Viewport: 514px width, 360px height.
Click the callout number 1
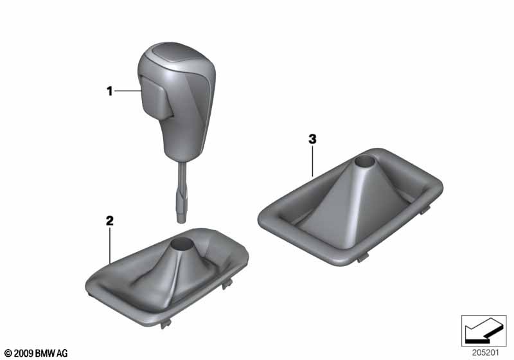110,91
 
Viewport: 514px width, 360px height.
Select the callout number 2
109,221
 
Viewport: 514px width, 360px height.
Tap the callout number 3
312,139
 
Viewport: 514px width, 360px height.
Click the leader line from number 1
128,91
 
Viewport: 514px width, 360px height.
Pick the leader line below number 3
312,161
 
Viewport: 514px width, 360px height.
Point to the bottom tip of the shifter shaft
181,221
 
